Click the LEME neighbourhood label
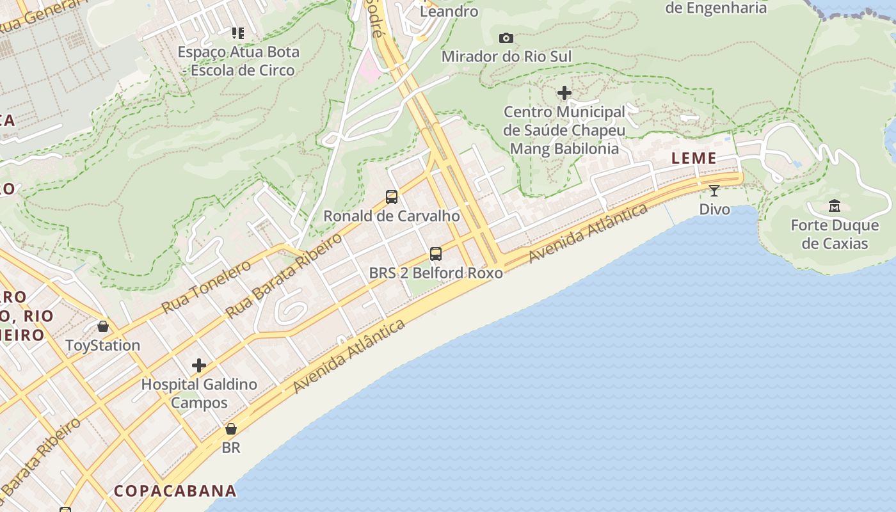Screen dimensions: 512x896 pyautogui.click(x=694, y=159)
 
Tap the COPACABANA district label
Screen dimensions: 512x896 pyautogui.click(x=175, y=491)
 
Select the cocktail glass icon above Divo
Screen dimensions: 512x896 pyautogui.click(x=714, y=191)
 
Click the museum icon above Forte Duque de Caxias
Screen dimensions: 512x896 pyautogui.click(x=835, y=206)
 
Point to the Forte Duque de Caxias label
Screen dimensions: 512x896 pyautogui.click(x=835, y=234)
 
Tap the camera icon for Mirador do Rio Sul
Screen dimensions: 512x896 pyautogui.click(x=506, y=38)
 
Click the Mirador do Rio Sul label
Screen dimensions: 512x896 pyautogui.click(x=506, y=56)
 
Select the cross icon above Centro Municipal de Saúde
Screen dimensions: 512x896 pyautogui.click(x=564, y=93)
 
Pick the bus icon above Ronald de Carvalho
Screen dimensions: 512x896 pyautogui.click(x=392, y=197)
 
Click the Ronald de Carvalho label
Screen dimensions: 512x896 pyautogui.click(x=392, y=216)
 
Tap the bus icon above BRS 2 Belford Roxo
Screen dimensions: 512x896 pyautogui.click(x=436, y=254)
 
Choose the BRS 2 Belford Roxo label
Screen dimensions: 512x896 pyautogui.click(x=436, y=273)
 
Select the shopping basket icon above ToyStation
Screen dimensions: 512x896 pyautogui.click(x=102, y=327)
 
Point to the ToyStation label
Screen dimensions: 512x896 pyautogui.click(x=102, y=346)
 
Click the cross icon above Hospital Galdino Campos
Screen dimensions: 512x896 pyautogui.click(x=199, y=365)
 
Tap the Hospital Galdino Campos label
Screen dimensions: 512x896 pyautogui.click(x=199, y=394)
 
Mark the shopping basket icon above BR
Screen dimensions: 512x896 pyautogui.click(x=231, y=429)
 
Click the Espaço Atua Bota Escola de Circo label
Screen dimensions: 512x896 pyautogui.click(x=238, y=61)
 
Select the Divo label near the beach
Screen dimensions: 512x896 pyautogui.click(x=714, y=209)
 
